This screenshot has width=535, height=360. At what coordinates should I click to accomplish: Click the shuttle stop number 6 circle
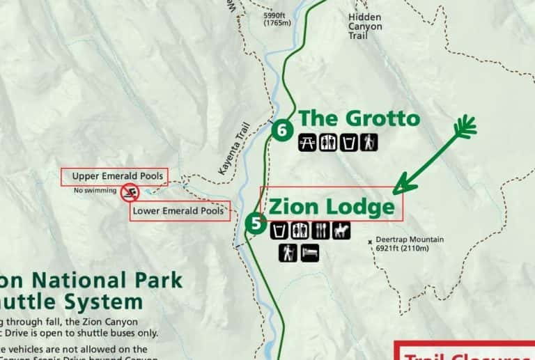click(281, 130)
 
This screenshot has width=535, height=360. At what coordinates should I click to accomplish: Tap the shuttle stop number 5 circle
click(256, 224)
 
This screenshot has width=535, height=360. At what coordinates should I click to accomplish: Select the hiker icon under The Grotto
click(369, 143)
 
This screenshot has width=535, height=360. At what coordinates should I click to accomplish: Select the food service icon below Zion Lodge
click(321, 230)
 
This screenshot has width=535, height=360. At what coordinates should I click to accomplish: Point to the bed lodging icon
click(310, 252)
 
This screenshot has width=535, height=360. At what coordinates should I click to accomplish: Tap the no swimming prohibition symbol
click(129, 192)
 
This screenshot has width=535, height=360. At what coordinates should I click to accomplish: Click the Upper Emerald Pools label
click(117, 177)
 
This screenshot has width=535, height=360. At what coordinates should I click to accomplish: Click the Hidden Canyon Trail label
click(365, 26)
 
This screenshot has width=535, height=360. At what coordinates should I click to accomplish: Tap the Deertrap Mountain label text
click(410, 240)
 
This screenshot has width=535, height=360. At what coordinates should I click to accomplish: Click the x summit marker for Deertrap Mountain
click(370, 242)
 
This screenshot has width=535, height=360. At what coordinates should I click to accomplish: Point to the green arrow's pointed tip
click(394, 192)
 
